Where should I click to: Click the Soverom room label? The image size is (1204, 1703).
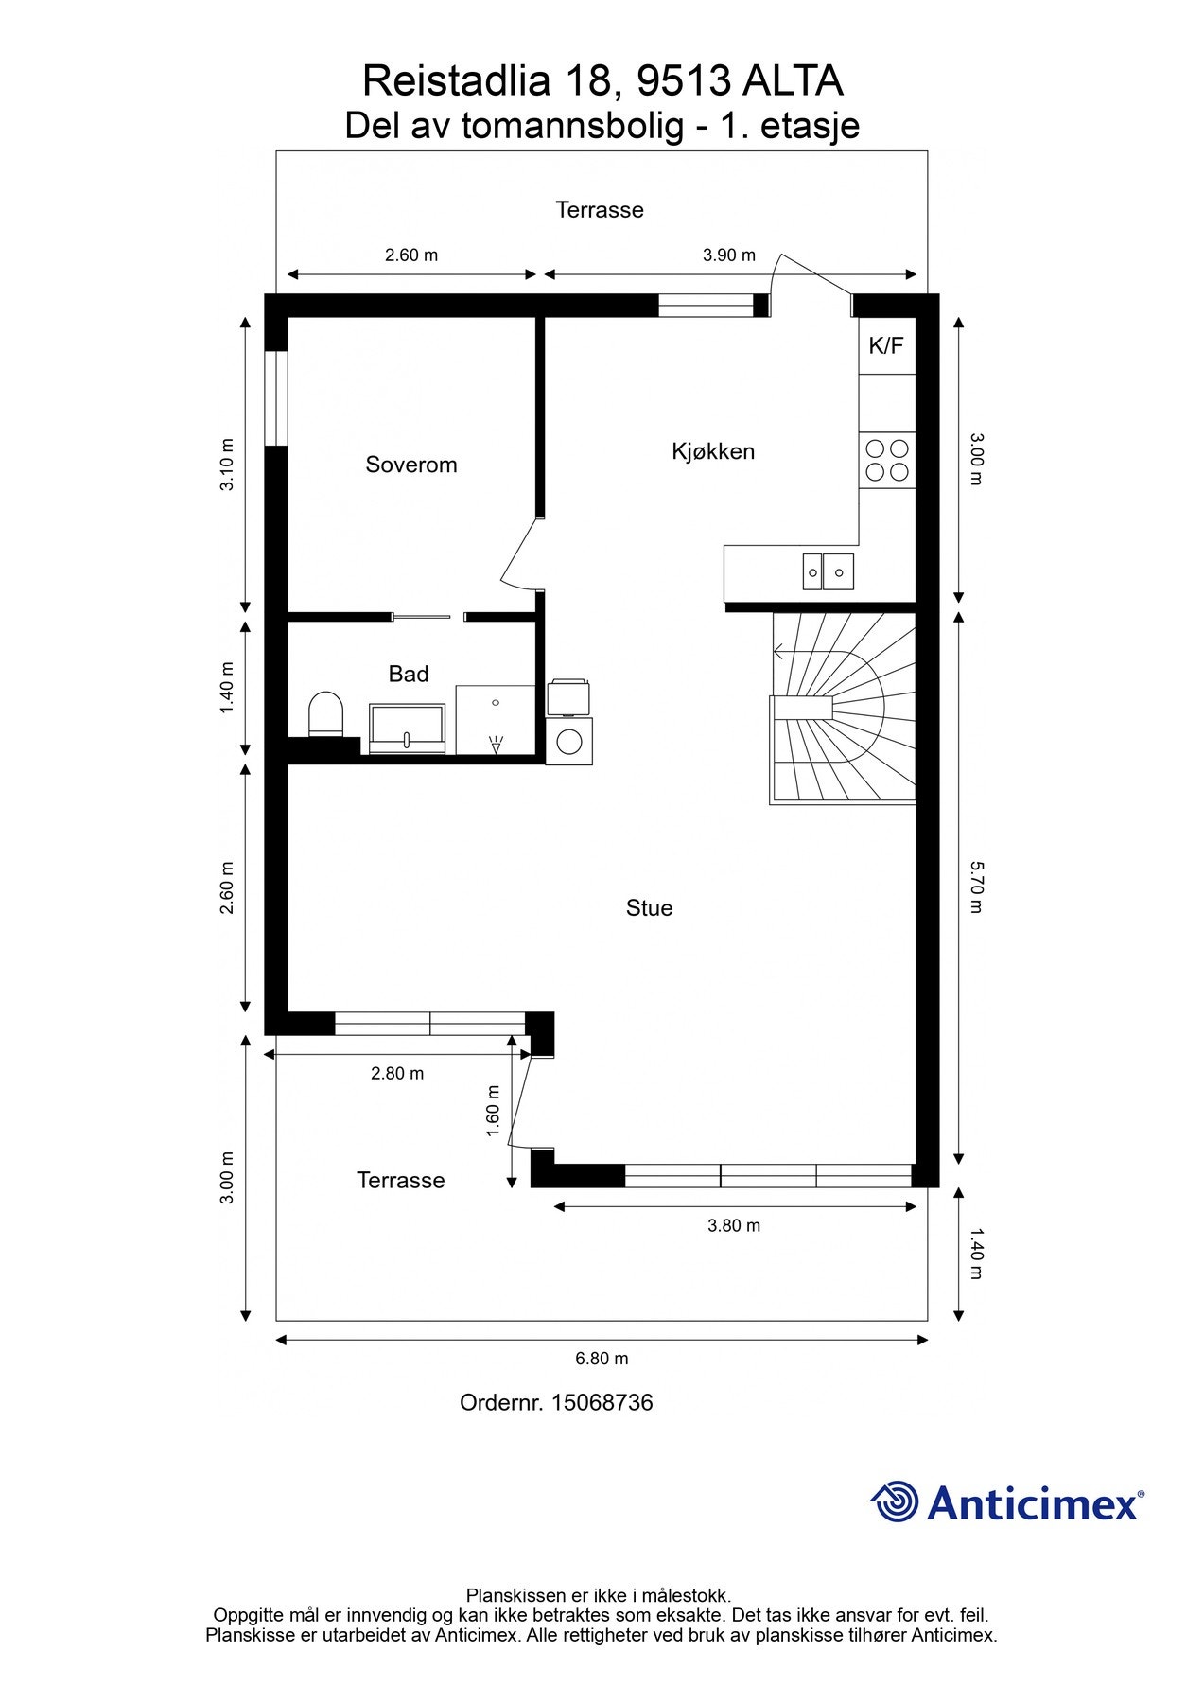pyautogui.click(x=411, y=465)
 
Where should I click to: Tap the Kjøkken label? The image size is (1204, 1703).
pyautogui.click(x=713, y=451)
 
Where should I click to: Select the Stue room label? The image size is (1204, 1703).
pyautogui.click(x=649, y=908)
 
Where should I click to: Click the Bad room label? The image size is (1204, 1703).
pyautogui.click(x=409, y=674)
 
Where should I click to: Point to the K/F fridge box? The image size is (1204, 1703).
pyautogui.click(x=886, y=346)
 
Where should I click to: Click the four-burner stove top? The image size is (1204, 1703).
pyautogui.click(x=887, y=460)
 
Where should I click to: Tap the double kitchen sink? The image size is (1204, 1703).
pyautogui.click(x=829, y=571)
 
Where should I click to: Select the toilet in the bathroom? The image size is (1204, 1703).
pyautogui.click(x=326, y=714)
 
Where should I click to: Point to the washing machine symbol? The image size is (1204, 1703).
pyautogui.click(x=569, y=742)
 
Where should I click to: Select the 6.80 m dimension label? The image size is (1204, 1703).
pyautogui.click(x=602, y=1359)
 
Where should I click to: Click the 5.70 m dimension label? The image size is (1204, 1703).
pyautogui.click(x=977, y=887)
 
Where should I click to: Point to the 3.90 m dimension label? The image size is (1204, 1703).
pyautogui.click(x=729, y=255)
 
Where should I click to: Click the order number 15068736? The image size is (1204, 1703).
pyautogui.click(x=602, y=1402)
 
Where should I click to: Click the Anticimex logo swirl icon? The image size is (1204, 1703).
pyautogui.click(x=894, y=1501)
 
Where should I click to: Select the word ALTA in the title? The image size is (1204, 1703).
pyautogui.click(x=793, y=81)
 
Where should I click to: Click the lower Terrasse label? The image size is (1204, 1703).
pyautogui.click(x=400, y=1180)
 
